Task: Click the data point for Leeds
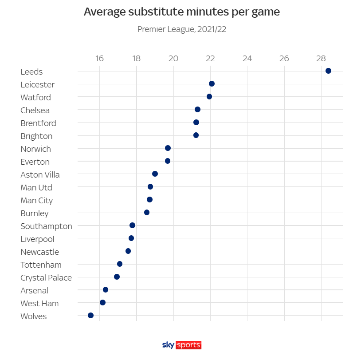pyautogui.click(x=328, y=71)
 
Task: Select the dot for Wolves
pyautogui.click(x=90, y=316)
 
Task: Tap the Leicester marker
pyautogui.click(x=212, y=84)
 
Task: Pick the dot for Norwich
pyautogui.click(x=168, y=148)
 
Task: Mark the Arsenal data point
pyautogui.click(x=105, y=290)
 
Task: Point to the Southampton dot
pyautogui.click(x=132, y=225)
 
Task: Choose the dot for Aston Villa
pyautogui.click(x=155, y=174)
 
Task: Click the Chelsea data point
pyautogui.click(x=197, y=110)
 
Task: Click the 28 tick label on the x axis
pyautogui.click(x=321, y=59)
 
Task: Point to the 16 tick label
pyautogui.click(x=99, y=59)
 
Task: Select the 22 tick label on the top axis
pyautogui.click(x=210, y=59)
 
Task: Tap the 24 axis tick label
pyautogui.click(x=247, y=59)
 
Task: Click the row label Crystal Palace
pyautogui.click(x=46, y=278)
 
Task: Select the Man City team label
pyautogui.click(x=36, y=201)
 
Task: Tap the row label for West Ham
pyautogui.click(x=39, y=304)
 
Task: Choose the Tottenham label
pyautogui.click(x=41, y=265)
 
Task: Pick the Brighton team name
pyautogui.click(x=36, y=136)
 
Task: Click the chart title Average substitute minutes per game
pyautogui.click(x=181, y=12)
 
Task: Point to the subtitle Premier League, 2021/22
pyautogui.click(x=182, y=30)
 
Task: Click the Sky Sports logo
pyautogui.click(x=182, y=345)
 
